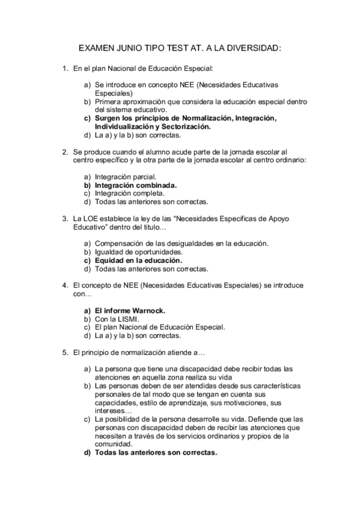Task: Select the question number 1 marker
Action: [65, 69]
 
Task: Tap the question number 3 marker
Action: [65, 218]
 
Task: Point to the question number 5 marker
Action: [65, 351]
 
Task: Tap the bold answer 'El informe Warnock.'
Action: [130, 310]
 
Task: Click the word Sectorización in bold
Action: [186, 127]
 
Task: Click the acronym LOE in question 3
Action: [90, 218]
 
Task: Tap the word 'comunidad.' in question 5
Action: [114, 444]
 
